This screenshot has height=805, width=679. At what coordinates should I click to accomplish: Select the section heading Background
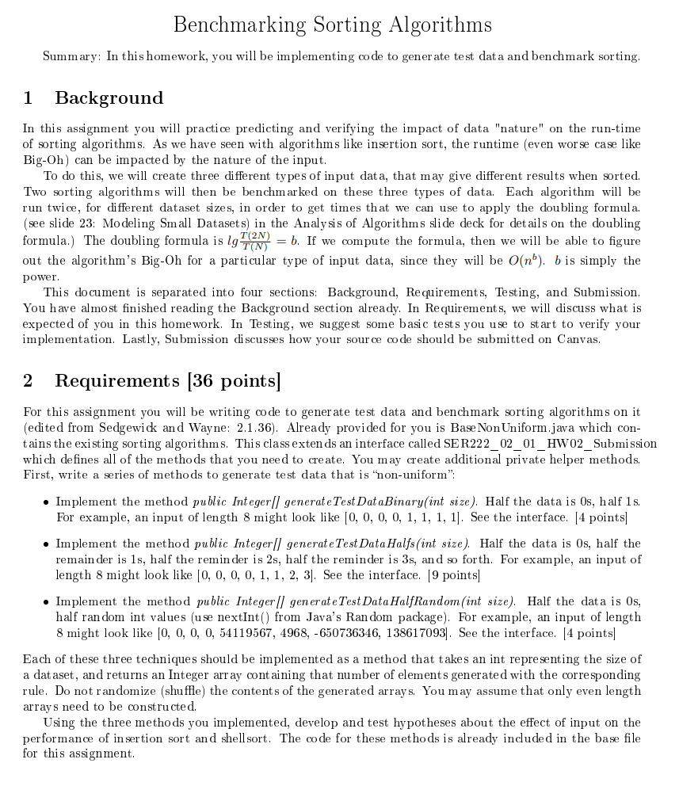pos(109,98)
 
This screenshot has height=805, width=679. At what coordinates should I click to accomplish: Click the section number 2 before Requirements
pos(29,381)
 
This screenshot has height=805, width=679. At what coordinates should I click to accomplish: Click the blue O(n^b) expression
pos(524,261)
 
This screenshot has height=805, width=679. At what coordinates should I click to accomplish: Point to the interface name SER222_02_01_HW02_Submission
pos(540,444)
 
